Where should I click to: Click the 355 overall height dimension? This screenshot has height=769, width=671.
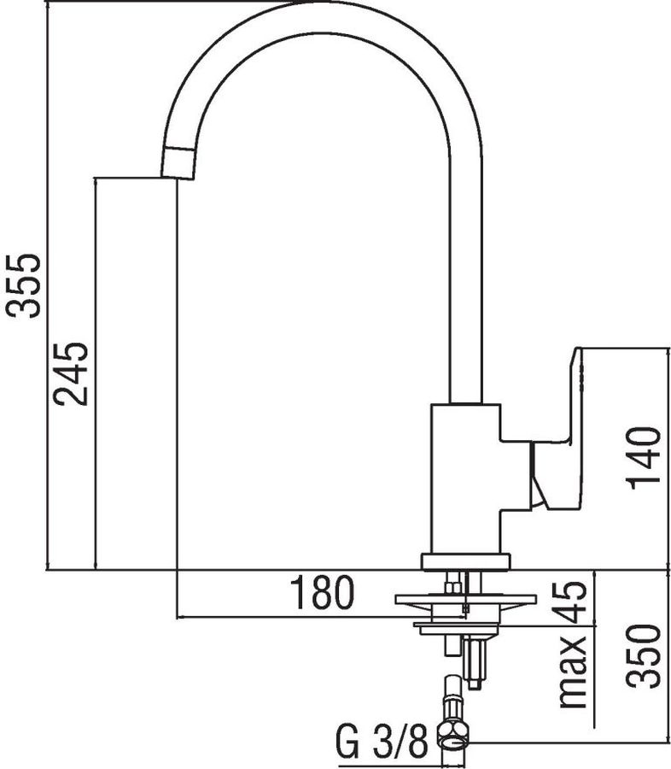[x=21, y=286]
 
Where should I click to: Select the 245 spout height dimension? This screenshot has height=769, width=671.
[x=71, y=373]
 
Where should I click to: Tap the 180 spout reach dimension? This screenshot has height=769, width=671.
[x=322, y=592]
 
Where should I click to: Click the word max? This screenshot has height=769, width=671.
[x=574, y=672]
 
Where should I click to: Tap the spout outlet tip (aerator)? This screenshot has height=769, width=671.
[x=178, y=163]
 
